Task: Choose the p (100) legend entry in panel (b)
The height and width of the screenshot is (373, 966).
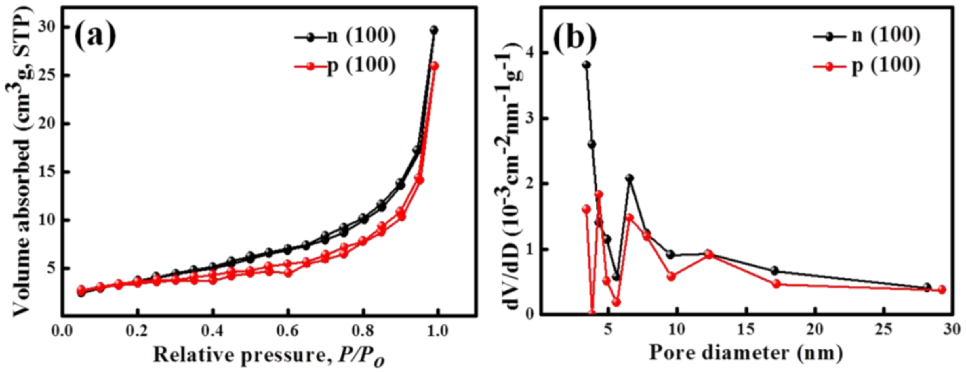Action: [x=866, y=66]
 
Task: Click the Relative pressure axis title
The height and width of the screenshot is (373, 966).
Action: [x=268, y=354]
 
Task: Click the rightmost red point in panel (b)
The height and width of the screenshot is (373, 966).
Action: [x=942, y=289]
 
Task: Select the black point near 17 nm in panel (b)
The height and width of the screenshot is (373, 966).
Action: [x=775, y=270]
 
